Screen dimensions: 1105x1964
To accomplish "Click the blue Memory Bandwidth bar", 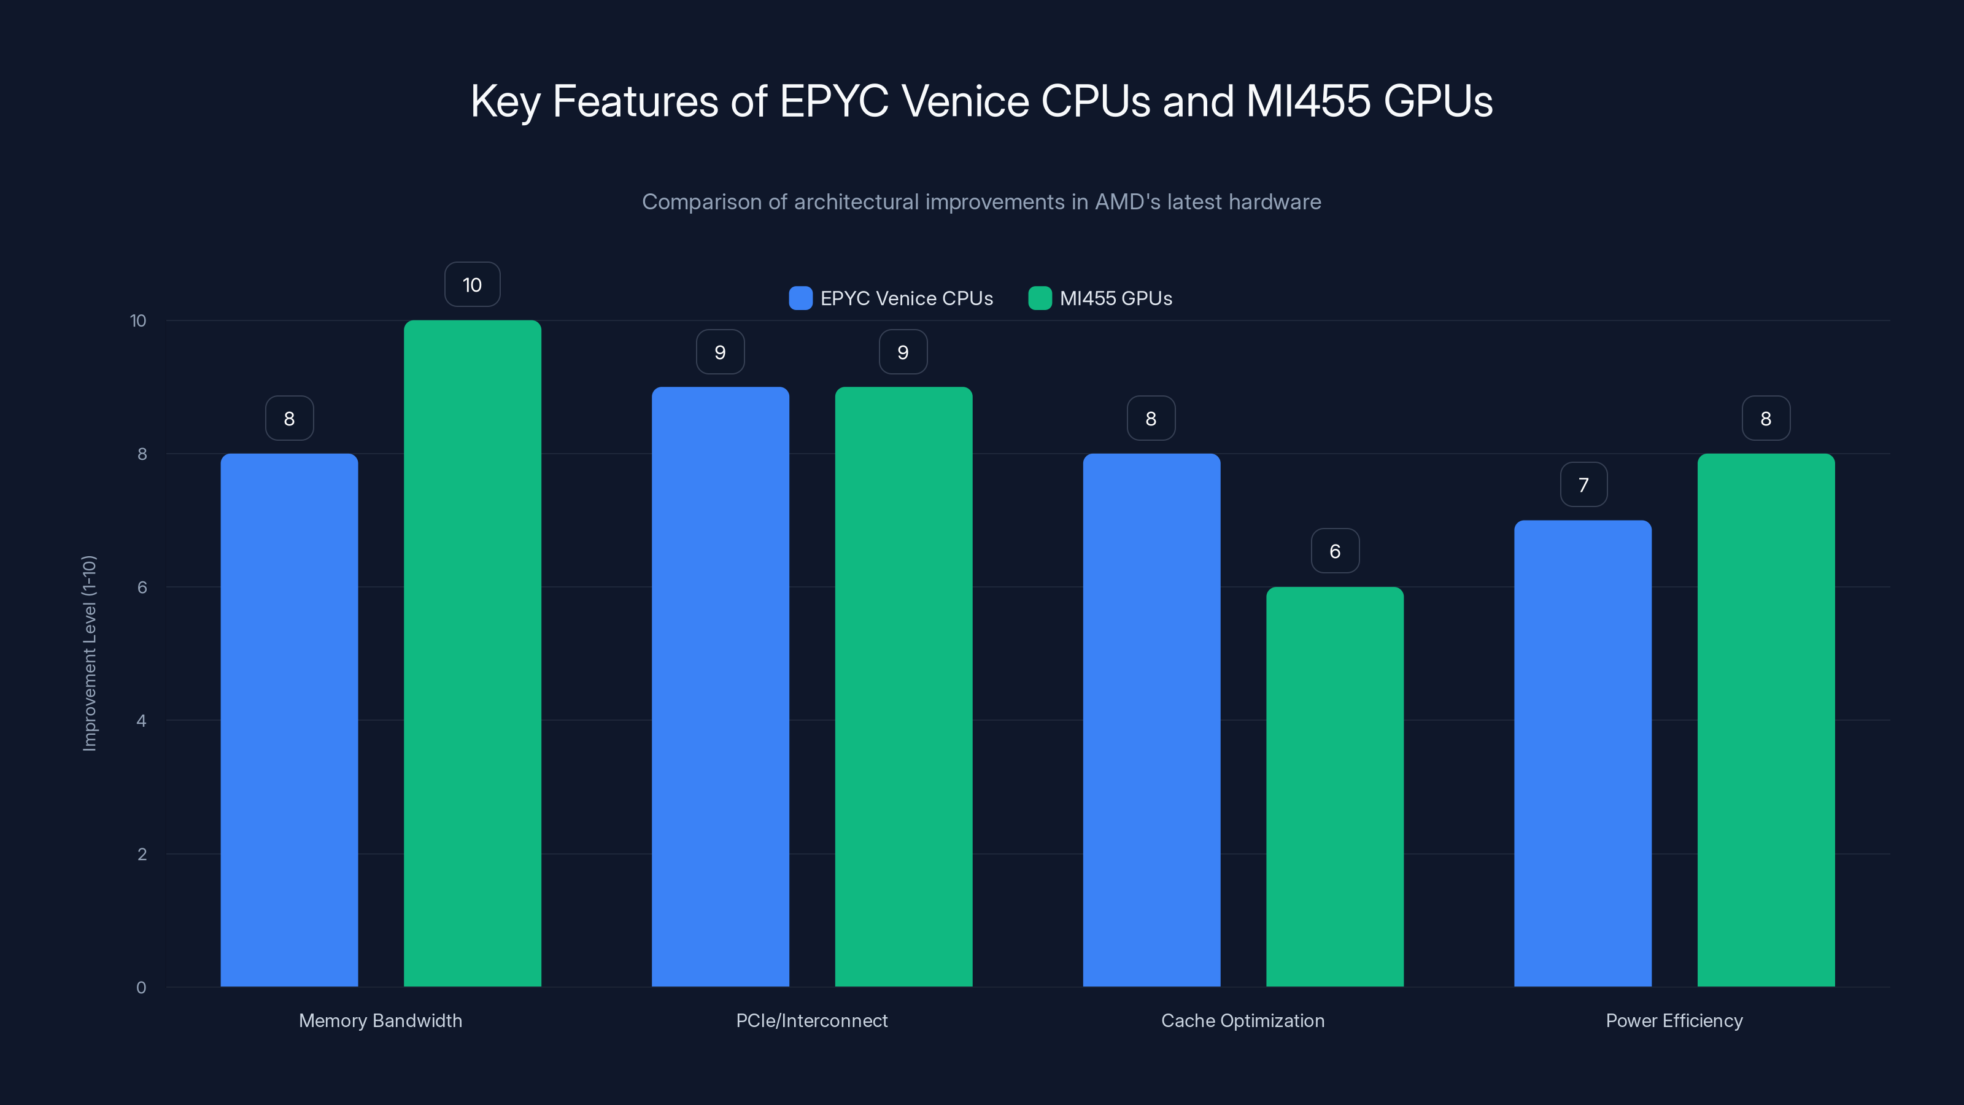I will pos(289,720).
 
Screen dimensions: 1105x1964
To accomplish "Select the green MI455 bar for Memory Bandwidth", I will pos(472,654).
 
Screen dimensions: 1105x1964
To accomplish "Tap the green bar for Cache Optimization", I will pos(1334,786).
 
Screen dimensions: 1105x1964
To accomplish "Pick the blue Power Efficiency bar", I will pos(1583,753).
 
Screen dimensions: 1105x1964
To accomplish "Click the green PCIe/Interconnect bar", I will pos(903,686).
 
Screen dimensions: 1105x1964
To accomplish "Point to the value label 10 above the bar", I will pos(472,284).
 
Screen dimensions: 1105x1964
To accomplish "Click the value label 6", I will pos(1334,551).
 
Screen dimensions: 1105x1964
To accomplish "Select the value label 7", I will pos(1583,484).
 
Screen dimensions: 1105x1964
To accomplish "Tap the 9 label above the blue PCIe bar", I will pos(720,352).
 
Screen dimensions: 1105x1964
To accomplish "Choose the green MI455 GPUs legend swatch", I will pos(1040,298).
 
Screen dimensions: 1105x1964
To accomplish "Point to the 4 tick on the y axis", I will pos(141,721).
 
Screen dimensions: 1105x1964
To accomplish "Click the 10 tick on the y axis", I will pos(138,320).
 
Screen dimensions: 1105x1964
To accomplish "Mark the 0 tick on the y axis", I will pos(141,988).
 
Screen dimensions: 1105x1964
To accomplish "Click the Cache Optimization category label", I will pos(1243,1020).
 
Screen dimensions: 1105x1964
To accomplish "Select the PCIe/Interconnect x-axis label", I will pos(811,1020).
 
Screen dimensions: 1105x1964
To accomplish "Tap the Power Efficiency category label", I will pos(1674,1020).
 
